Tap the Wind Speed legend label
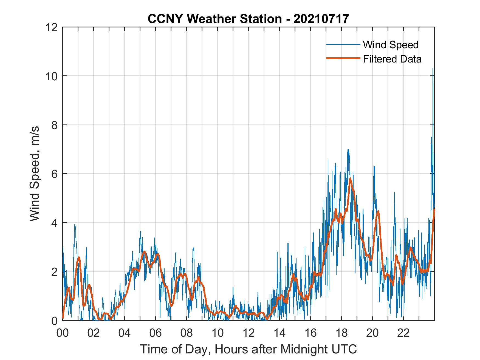391,45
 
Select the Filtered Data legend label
392,59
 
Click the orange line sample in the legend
343,58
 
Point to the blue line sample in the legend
343,44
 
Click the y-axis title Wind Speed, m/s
35,174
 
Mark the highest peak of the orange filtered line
350,179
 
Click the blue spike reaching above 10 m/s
433,69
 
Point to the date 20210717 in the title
321,19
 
